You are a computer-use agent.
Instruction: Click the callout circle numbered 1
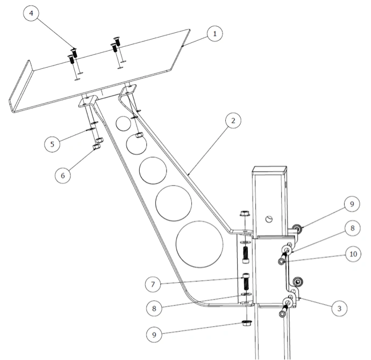pyautogui.click(x=215, y=33)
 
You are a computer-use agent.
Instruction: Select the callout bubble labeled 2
pyautogui.click(x=233, y=120)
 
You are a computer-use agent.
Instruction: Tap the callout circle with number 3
pyautogui.click(x=339, y=308)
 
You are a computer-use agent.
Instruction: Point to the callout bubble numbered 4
pyautogui.click(x=31, y=13)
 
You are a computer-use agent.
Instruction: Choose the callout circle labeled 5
pyautogui.click(x=52, y=144)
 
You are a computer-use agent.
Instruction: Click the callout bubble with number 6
pyautogui.click(x=63, y=175)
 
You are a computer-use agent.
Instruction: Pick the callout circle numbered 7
pyautogui.click(x=153, y=284)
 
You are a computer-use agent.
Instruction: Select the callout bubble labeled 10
pyautogui.click(x=353, y=254)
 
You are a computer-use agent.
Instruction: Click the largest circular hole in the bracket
pyautogui.click(x=199, y=244)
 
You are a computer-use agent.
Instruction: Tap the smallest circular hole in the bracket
pyautogui.click(x=123, y=124)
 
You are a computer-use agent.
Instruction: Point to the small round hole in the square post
pyautogui.click(x=269, y=219)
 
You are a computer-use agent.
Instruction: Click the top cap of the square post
pyautogui.click(x=269, y=170)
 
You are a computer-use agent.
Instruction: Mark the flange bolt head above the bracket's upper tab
pyautogui.click(x=244, y=213)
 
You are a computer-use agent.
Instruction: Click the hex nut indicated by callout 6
pyautogui.click(x=97, y=147)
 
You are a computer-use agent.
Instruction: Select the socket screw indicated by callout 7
pyautogui.click(x=246, y=282)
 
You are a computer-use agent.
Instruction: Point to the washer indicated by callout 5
pyautogui.click(x=91, y=129)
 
